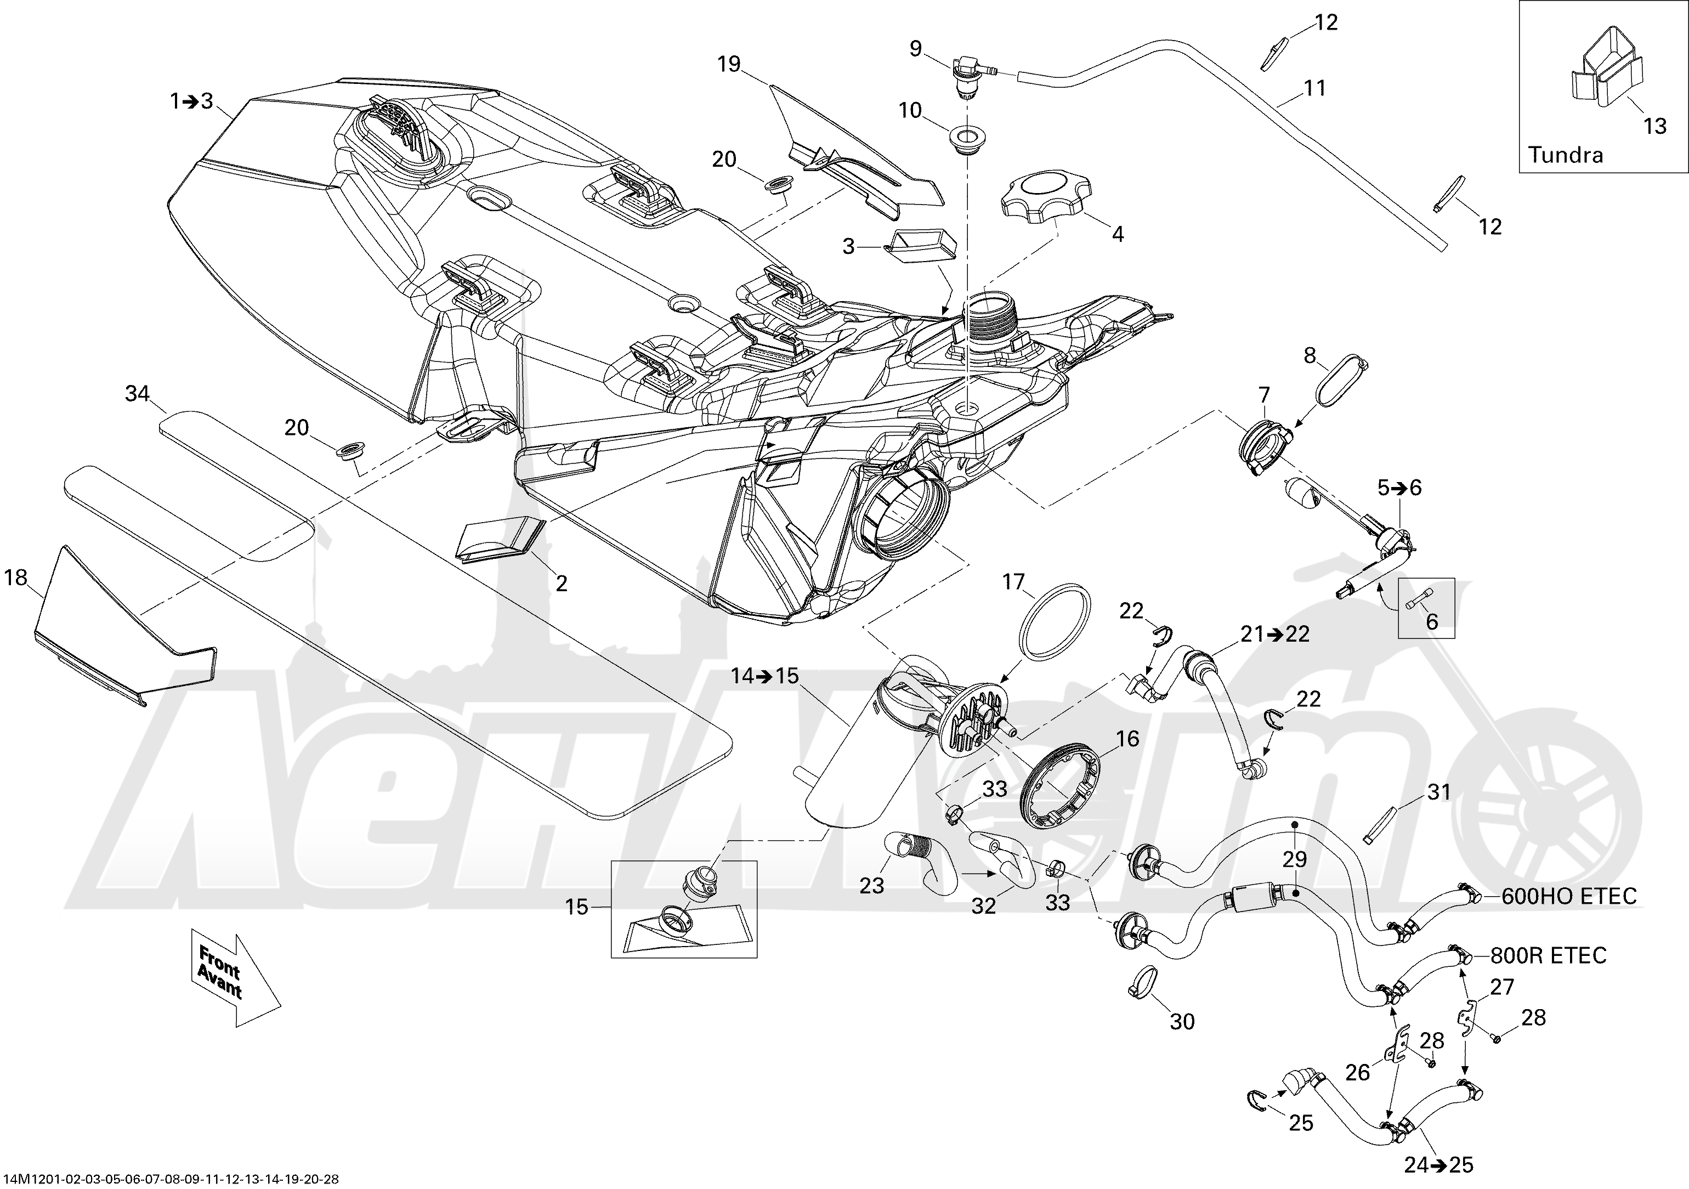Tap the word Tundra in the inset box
point(1566,155)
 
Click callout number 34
point(138,394)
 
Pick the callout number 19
point(729,64)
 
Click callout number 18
point(16,578)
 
